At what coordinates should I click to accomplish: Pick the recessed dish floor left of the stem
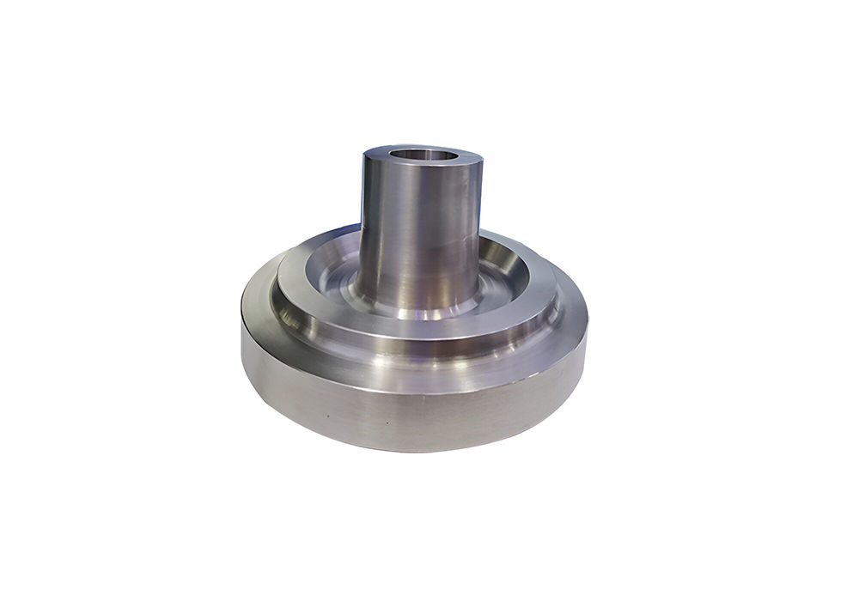pyautogui.click(x=331, y=279)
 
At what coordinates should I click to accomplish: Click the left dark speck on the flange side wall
pyautogui.click(x=326, y=416)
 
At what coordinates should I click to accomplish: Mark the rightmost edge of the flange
pyautogui.click(x=588, y=331)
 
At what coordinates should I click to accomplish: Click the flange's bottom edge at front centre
pyautogui.click(x=412, y=450)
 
